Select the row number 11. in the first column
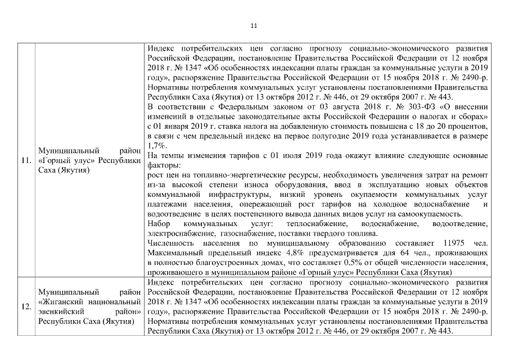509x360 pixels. [x=26, y=160]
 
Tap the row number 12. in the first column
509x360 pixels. [x=26, y=307]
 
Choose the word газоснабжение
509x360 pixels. [x=246, y=233]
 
